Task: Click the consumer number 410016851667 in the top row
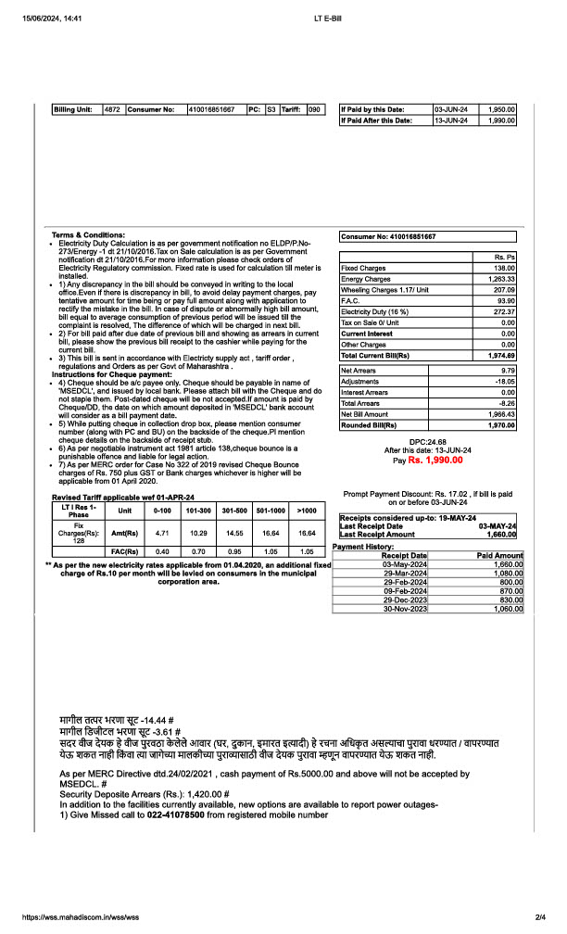coord(211,109)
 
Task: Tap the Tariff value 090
coord(314,109)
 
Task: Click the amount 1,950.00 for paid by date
coord(501,109)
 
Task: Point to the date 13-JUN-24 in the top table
coord(451,120)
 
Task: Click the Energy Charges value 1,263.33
coord(501,278)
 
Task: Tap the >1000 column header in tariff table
coord(306,510)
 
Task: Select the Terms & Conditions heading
coord(88,234)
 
